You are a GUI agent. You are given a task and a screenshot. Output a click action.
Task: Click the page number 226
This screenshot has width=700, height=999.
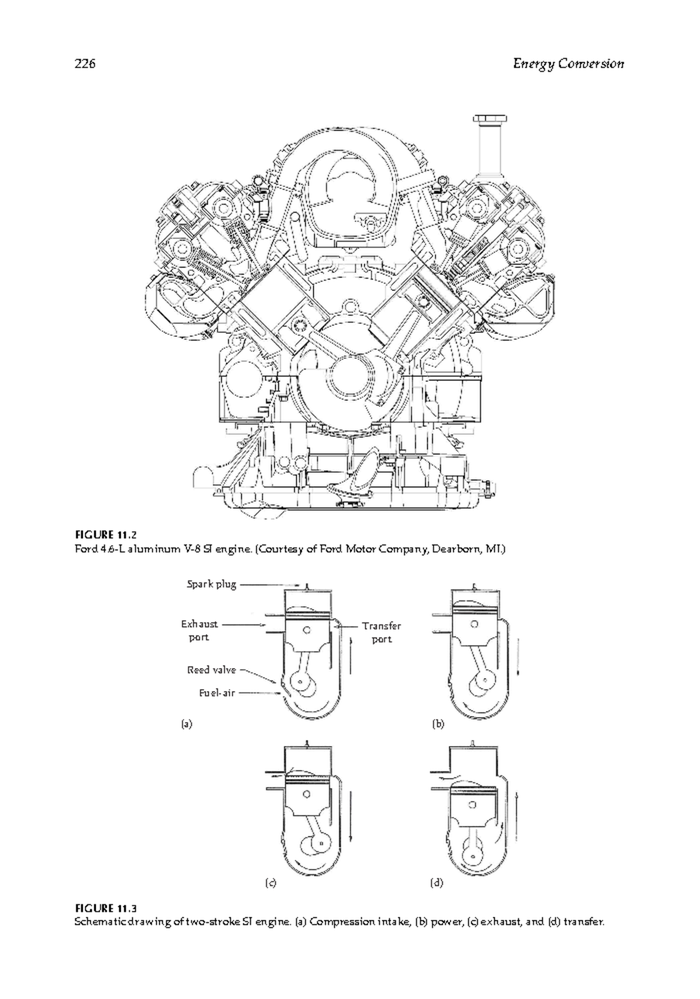click(85, 64)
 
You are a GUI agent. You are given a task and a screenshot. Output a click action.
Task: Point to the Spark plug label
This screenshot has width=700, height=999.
click(211, 585)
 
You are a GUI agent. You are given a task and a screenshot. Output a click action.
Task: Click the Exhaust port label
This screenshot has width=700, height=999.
click(199, 631)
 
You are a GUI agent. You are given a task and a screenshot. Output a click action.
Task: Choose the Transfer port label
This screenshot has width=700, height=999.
click(381, 632)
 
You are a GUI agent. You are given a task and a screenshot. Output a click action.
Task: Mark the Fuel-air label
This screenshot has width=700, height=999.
click(216, 693)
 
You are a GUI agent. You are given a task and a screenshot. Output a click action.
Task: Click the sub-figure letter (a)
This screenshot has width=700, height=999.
click(187, 724)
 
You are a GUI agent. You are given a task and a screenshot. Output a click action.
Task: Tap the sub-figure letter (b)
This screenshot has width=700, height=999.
click(438, 724)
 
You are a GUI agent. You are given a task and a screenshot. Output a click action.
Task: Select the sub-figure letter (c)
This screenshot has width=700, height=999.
click(270, 882)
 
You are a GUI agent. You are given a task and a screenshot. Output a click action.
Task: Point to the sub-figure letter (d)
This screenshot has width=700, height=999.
click(436, 882)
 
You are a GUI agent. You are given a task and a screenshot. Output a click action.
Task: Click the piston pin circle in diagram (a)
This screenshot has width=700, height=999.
click(307, 630)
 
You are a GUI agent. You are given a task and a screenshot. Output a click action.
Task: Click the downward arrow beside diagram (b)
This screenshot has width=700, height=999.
click(518, 657)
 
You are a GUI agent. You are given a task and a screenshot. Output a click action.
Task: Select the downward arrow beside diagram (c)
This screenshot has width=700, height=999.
click(351, 816)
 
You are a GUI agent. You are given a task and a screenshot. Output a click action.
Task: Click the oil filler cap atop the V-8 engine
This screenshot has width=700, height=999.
click(490, 119)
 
